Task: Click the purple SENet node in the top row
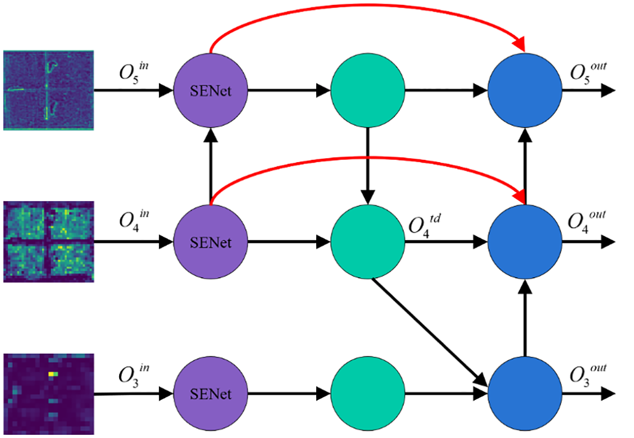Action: (210, 91)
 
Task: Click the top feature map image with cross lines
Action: (48, 90)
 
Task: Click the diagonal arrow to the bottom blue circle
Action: (429, 333)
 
